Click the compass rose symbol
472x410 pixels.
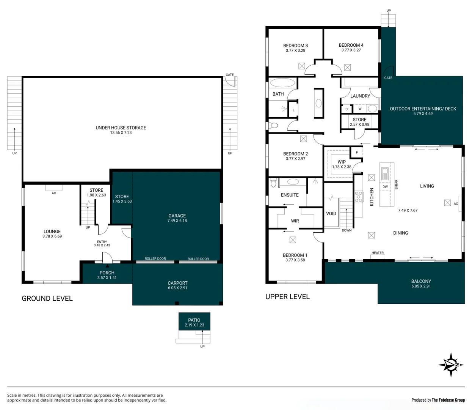pyautogui.click(x=451, y=365)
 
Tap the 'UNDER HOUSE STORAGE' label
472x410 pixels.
pyautogui.click(x=121, y=128)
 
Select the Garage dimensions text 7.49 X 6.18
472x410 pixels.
pyautogui.click(x=177, y=221)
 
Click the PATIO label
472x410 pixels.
pyautogui.click(x=194, y=320)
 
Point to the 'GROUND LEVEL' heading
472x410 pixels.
pyautogui.click(x=47, y=298)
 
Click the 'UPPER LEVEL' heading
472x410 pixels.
pyautogui.click(x=287, y=296)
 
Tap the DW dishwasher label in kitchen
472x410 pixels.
pyautogui.click(x=385, y=187)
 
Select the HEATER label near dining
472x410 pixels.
pyautogui.click(x=377, y=253)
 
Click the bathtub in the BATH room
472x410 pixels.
pyautogui.click(x=282, y=83)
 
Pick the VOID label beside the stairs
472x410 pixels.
pyautogui.click(x=331, y=214)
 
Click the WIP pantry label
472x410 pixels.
pyautogui.click(x=342, y=162)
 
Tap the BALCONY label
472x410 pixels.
pyautogui.click(x=421, y=281)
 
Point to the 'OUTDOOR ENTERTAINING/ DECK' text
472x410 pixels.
pyautogui.click(x=423, y=109)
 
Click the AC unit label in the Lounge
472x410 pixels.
pyautogui.click(x=54, y=193)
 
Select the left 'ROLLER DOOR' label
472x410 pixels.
pyautogui.click(x=155, y=259)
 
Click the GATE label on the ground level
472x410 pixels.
pyautogui.click(x=230, y=75)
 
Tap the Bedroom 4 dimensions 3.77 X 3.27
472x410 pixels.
pyautogui.click(x=351, y=50)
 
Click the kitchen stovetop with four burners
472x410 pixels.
pyautogui.click(x=358, y=197)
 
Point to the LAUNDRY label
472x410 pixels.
pyautogui.click(x=360, y=96)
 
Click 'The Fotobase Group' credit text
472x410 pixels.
pyautogui.click(x=448, y=400)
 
